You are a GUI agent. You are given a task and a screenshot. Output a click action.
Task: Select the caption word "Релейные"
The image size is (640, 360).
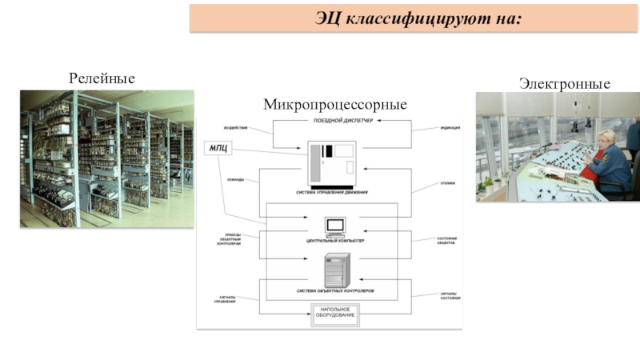pos(102,78)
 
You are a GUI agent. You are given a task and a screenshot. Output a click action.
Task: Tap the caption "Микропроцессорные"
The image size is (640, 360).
pos(335,105)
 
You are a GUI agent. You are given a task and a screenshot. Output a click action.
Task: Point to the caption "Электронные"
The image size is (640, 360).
pos(564,84)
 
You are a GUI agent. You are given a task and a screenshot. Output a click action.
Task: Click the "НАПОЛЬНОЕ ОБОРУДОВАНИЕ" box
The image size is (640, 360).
pos(336,314)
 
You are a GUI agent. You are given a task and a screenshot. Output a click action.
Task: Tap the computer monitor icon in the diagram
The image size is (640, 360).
pos(335,226)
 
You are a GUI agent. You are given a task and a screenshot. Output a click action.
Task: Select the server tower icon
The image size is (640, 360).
pos(335,270)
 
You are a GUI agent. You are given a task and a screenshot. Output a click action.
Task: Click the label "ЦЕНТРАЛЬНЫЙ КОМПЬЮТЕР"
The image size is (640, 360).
pos(336,240)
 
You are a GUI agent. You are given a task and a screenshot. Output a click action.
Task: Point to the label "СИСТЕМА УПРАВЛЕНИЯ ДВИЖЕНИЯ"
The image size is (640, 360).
pos(336,193)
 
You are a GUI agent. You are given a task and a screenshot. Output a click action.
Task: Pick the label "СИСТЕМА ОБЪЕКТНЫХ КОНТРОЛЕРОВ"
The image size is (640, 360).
pos(336,290)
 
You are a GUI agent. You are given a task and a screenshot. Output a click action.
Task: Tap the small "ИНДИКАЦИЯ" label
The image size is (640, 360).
pos(449,129)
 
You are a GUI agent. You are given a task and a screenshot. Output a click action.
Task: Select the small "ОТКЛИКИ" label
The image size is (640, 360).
pos(447,183)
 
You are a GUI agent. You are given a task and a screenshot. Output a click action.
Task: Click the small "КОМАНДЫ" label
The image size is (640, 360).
pos(236,180)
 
